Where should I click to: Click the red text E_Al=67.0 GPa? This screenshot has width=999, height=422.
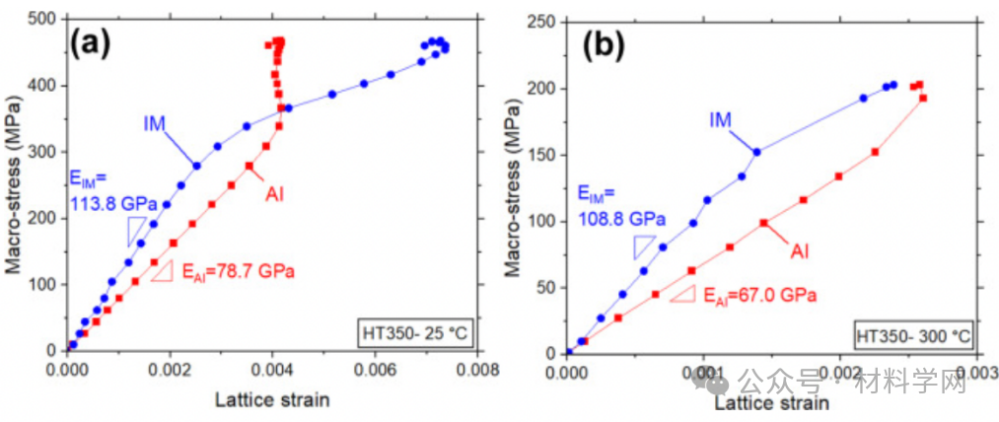758,294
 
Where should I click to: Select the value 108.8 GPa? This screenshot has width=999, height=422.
621,216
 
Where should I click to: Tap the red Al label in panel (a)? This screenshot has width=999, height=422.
275,194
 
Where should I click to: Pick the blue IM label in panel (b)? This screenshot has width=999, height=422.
720,119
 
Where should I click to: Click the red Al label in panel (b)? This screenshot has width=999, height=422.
800,251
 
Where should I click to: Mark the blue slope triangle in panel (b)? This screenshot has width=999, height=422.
644,246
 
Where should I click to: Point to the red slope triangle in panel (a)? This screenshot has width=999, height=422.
163,270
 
